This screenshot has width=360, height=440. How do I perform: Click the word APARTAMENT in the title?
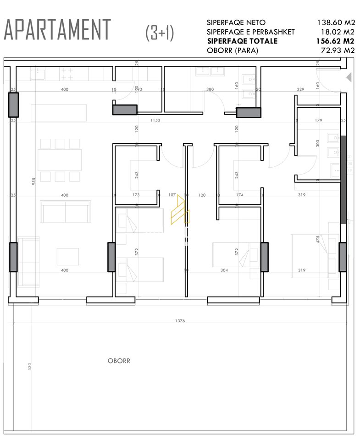[x=57, y=30]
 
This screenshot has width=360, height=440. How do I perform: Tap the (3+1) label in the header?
[x=160, y=33]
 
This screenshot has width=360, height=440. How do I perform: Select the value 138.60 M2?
[x=336, y=22]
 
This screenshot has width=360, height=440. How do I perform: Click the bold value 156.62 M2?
[x=336, y=41]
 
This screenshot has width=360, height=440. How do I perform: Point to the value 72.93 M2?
[x=337, y=50]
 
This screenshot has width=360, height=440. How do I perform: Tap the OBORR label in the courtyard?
[x=119, y=361]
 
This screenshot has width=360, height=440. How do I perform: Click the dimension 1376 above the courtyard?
[x=180, y=321]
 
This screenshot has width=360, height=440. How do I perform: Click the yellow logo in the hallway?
[x=179, y=210]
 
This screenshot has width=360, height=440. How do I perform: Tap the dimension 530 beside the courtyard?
[x=29, y=367]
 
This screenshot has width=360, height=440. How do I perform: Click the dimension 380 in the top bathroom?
[x=210, y=89]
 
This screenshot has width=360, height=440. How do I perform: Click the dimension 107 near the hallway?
[x=172, y=195]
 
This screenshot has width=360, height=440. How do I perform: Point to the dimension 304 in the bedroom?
[x=224, y=270]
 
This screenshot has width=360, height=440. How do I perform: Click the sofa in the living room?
[x=65, y=211]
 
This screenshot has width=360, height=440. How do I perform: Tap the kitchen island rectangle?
[x=59, y=113]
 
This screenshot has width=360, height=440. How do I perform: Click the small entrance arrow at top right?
[x=349, y=77]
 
